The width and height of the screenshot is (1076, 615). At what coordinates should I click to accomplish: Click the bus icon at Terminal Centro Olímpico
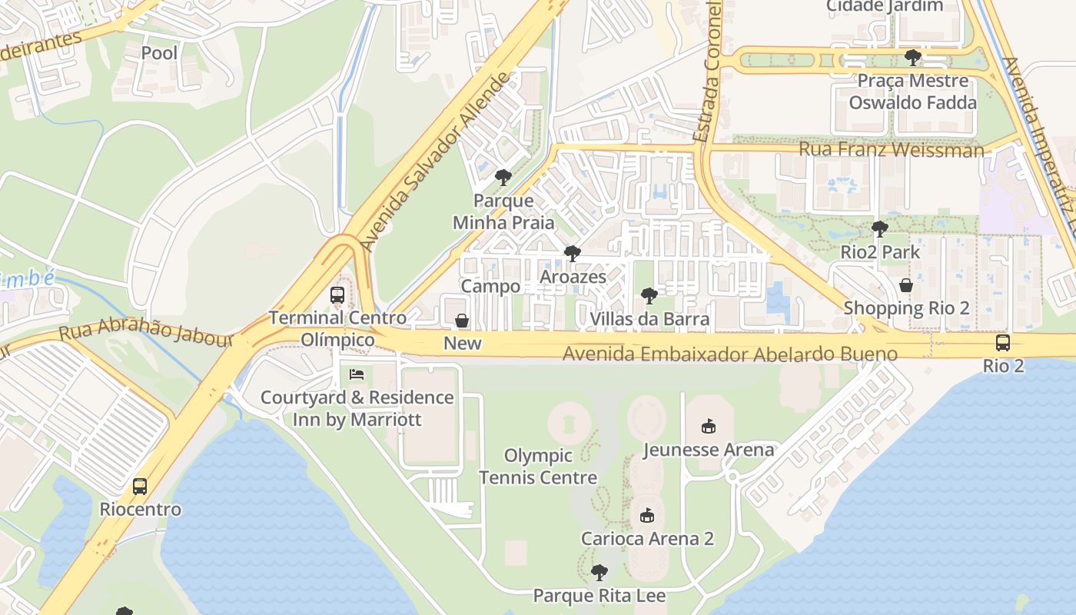(337, 294)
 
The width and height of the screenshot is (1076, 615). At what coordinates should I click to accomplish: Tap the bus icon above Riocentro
(139, 487)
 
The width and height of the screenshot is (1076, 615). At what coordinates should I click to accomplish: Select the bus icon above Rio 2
(1003, 343)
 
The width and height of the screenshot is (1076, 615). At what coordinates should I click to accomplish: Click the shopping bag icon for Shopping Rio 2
(906, 285)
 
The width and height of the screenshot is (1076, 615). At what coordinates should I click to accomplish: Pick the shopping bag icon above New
(462, 321)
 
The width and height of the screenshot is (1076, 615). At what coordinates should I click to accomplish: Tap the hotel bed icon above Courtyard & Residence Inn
(357, 374)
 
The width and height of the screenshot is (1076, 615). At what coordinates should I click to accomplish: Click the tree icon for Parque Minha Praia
(503, 178)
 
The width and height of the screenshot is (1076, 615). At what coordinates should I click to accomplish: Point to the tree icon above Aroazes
(572, 254)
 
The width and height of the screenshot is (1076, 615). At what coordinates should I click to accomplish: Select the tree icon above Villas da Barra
(649, 296)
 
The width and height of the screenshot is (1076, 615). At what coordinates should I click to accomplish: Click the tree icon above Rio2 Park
(880, 229)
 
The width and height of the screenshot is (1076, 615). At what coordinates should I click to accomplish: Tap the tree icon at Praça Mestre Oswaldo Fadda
(912, 58)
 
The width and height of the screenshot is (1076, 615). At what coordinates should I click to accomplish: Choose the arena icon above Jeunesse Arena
(709, 426)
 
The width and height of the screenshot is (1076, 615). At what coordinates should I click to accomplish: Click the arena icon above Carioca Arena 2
(647, 515)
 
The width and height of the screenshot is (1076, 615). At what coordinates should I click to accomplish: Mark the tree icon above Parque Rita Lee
(599, 573)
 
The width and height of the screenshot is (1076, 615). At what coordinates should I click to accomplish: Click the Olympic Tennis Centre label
(538, 467)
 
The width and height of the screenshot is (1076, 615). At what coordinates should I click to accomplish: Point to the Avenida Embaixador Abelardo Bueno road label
(729, 354)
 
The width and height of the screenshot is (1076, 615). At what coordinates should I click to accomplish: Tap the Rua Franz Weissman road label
(891, 149)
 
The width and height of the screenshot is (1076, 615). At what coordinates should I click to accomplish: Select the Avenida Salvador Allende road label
(436, 162)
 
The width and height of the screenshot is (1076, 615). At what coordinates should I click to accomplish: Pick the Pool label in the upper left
(159, 53)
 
